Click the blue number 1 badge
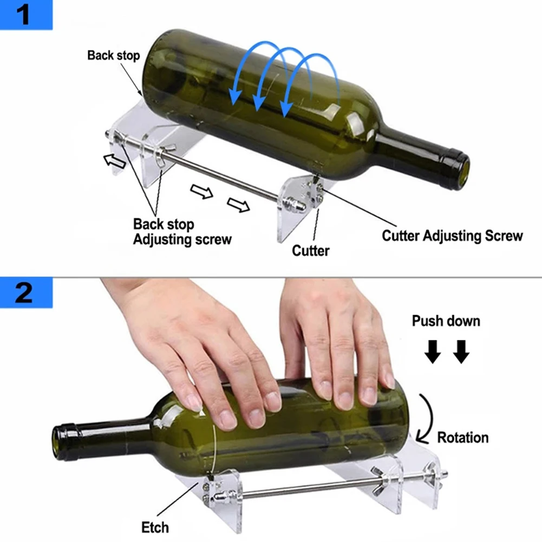pyautogui.click(x=25, y=15)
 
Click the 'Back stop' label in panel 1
pyautogui.click(x=113, y=55)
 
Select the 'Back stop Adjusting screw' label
pyautogui.click(x=182, y=231)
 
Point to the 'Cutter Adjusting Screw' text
pyautogui.click(x=452, y=236)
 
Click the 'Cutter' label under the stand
pyautogui.click(x=310, y=251)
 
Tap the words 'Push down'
pyautogui.click(x=446, y=321)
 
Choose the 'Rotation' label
pyautogui.click(x=462, y=437)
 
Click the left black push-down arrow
pyautogui.click(x=433, y=353)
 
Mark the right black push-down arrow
pyautogui.click(x=461, y=353)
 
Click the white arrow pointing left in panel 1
pyautogui.click(x=113, y=159)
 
